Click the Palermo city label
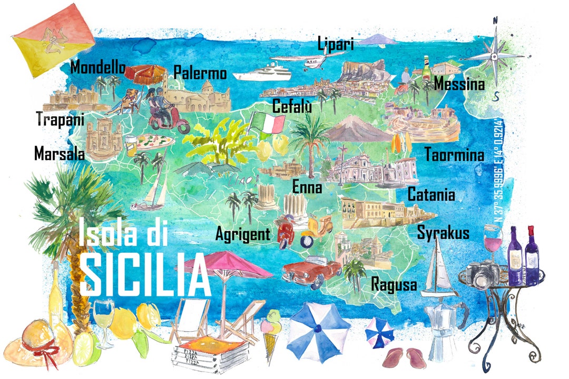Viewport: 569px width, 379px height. click(200, 73)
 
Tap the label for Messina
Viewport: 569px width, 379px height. click(459, 84)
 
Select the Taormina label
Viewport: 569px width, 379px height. click(454, 155)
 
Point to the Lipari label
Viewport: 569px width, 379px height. click(335, 44)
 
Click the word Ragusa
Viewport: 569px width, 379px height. click(394, 285)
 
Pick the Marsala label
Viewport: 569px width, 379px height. click(60, 154)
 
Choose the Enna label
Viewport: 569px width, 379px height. click(308, 187)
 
